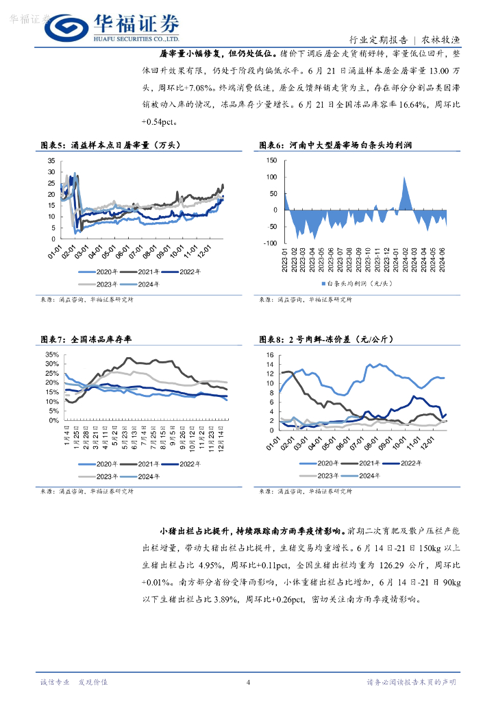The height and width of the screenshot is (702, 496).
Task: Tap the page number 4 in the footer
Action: (x=248, y=682)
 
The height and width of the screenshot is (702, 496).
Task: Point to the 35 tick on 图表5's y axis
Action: (x=51, y=161)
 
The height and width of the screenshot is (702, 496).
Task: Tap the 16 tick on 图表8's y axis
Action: (x=270, y=355)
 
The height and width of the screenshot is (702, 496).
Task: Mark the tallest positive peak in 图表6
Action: (x=405, y=178)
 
